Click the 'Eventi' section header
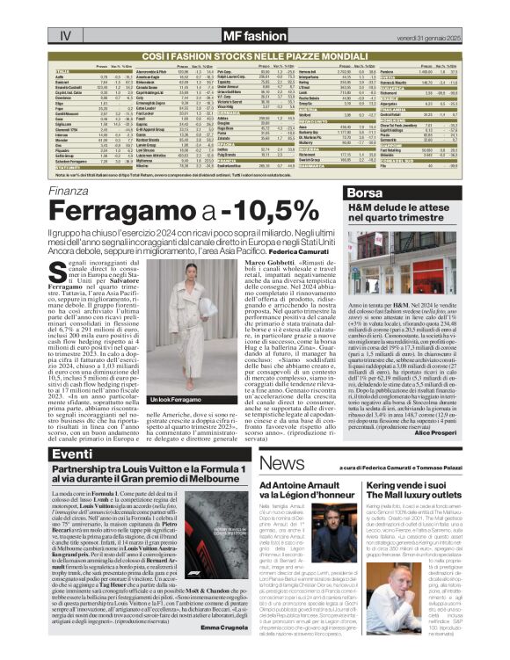[x=72, y=454]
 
